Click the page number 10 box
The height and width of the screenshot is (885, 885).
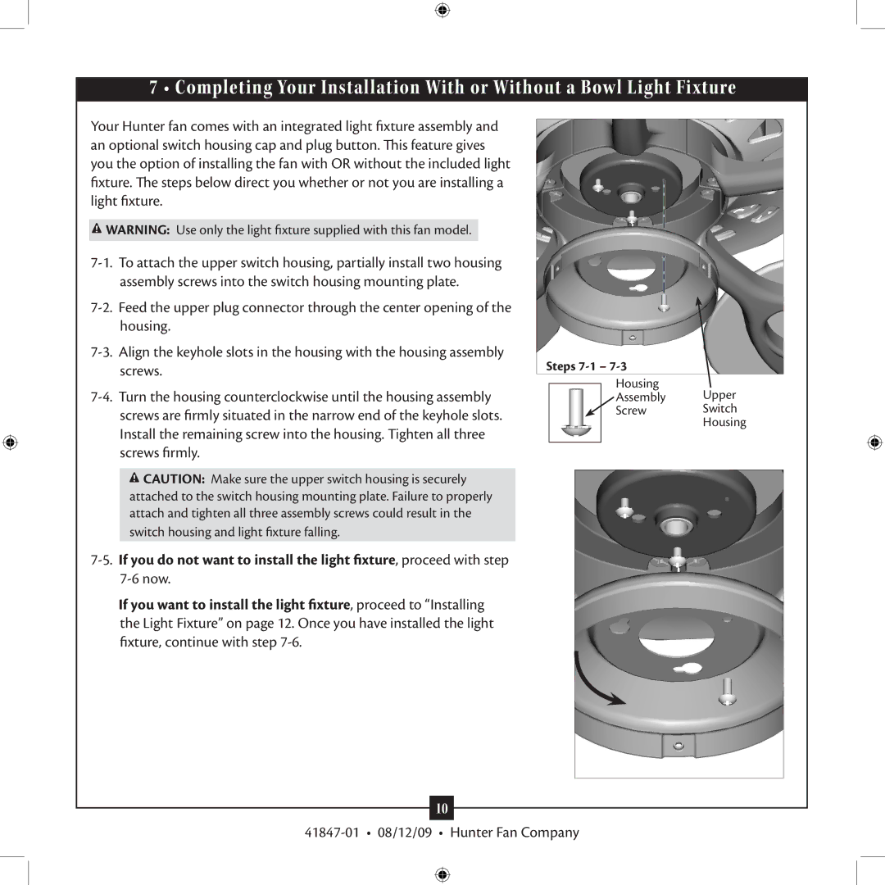[x=442, y=808]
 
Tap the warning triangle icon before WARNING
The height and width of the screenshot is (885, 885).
[x=97, y=229]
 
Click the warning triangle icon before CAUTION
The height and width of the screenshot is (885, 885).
[x=134, y=478]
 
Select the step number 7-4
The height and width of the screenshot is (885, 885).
[x=102, y=397]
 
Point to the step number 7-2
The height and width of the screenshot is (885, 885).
[x=102, y=307]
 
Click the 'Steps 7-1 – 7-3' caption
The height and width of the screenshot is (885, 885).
[x=586, y=366]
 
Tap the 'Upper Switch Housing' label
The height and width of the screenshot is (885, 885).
[x=724, y=409]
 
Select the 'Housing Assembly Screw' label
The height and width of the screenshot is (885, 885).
[x=640, y=397]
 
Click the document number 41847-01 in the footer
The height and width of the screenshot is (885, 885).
[x=331, y=833]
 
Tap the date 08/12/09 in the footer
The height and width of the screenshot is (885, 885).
[x=405, y=833]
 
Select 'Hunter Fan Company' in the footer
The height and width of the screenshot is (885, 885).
[x=515, y=833]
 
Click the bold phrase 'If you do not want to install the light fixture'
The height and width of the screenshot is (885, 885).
[x=256, y=560]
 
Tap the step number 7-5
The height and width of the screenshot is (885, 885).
[x=102, y=560]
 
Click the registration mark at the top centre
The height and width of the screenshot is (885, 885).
[x=442, y=10]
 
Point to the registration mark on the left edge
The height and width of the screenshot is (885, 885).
[x=10, y=442]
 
